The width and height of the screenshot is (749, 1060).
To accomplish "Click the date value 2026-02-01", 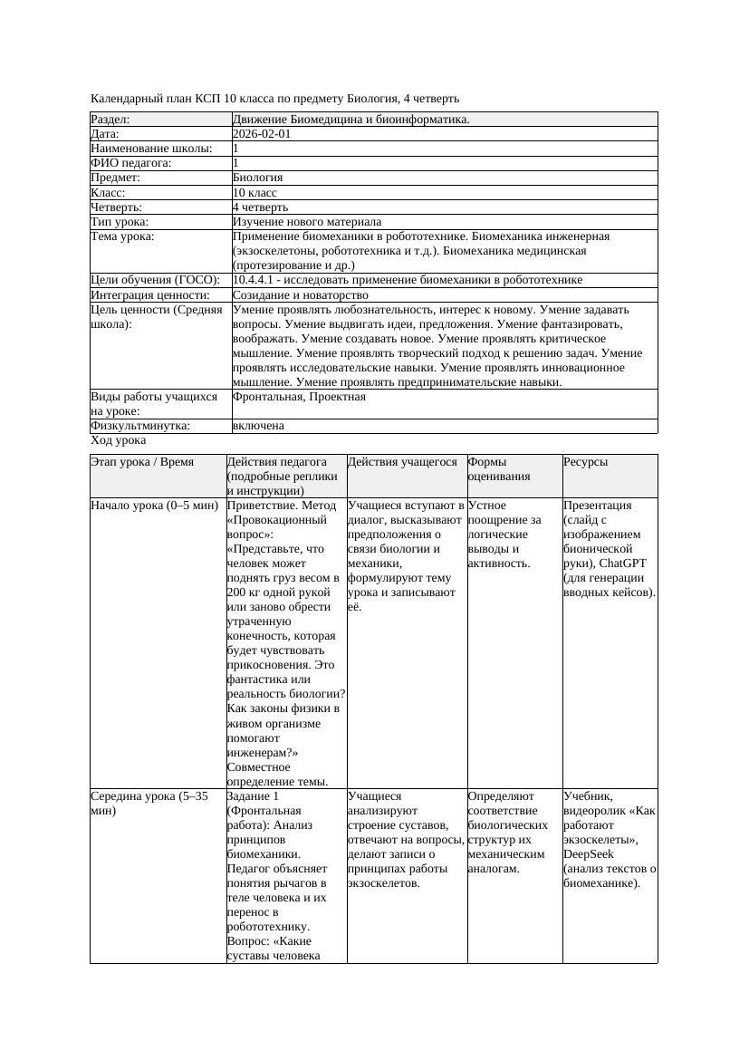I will coord(262,134).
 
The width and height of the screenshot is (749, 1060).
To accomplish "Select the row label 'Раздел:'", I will coord(110,120).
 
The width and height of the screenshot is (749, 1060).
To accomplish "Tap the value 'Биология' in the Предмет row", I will coord(258,178).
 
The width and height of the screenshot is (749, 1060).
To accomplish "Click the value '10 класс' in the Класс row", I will coord(254,193).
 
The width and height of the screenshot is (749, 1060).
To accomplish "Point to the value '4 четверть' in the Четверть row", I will coord(260,207).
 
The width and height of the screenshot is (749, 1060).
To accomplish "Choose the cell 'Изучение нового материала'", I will coord(307,222).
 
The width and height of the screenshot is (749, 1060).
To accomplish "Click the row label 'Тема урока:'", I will coord(123,236).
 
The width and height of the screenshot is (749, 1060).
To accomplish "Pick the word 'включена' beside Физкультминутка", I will coord(258,426).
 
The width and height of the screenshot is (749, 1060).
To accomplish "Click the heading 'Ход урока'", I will coord(119,440).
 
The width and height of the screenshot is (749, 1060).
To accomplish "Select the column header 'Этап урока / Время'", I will coord(142,462).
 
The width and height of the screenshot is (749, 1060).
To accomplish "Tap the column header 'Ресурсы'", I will coord(585,462).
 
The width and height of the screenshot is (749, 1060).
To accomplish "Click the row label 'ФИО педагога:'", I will coord(131,163).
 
